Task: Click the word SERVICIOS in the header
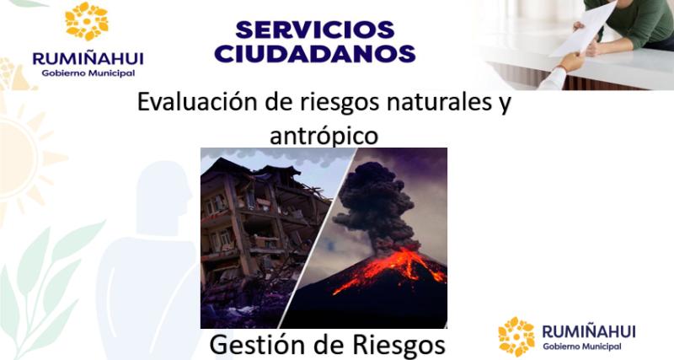point(315,30)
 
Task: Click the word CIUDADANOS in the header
point(315,54)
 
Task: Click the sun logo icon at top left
point(87,22)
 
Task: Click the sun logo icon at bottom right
point(516,336)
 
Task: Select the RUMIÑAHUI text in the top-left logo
point(88,57)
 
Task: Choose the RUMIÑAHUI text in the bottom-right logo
point(588,330)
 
